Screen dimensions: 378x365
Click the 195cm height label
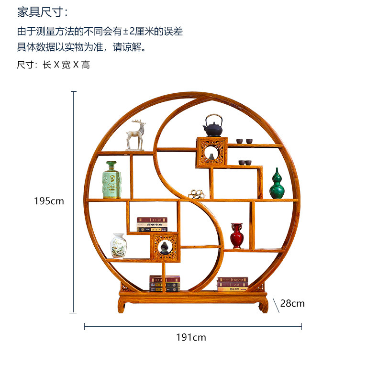[49, 201]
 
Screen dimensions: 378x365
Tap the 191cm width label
[191, 337]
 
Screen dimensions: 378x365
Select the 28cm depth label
[292, 303]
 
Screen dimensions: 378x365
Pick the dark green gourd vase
[277, 184]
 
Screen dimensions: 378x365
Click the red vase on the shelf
[237, 236]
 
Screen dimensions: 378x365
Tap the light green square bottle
[111, 180]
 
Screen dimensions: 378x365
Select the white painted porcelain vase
[118, 246]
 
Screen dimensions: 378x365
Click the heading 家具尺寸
[43, 12]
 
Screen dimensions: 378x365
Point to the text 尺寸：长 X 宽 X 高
[53, 65]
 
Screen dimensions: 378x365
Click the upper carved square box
[211, 152]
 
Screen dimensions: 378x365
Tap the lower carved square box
[165, 247]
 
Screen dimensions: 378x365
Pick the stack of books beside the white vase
[152, 224]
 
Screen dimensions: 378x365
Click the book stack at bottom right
[232, 284]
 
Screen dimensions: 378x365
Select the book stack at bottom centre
[165, 283]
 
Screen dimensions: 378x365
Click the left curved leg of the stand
[122, 305]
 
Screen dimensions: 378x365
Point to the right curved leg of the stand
[264, 305]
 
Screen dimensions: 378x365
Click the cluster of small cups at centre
[196, 194]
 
